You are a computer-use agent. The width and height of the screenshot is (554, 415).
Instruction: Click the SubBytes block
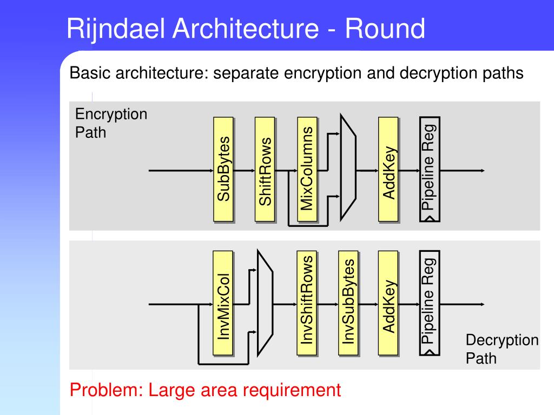point(223,169)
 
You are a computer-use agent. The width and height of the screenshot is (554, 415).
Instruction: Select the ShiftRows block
point(265,169)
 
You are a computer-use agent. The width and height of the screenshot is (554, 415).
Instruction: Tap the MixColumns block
point(307,169)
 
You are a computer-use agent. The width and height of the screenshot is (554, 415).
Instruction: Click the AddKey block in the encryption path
point(388,169)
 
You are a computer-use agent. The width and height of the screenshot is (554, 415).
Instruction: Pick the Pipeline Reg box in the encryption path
point(430,169)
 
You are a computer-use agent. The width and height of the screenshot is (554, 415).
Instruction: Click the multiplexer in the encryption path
point(348,168)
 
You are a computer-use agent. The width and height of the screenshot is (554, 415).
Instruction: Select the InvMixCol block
point(223,303)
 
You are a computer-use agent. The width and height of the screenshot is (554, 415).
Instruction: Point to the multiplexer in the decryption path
point(265,303)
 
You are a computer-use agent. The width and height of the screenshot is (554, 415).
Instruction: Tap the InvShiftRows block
point(307,303)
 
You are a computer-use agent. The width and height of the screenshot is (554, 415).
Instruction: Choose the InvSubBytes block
point(348,303)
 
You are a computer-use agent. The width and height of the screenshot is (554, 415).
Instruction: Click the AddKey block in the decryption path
point(388,303)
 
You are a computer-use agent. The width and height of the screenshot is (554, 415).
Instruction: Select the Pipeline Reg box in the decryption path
point(430,303)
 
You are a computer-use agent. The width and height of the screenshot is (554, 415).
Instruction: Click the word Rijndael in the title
point(116,29)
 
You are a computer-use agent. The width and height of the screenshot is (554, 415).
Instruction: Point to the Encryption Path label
point(111,123)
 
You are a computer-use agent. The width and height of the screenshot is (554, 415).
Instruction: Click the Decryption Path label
point(502,349)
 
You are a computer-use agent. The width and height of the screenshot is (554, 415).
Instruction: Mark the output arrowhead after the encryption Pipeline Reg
point(483,171)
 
